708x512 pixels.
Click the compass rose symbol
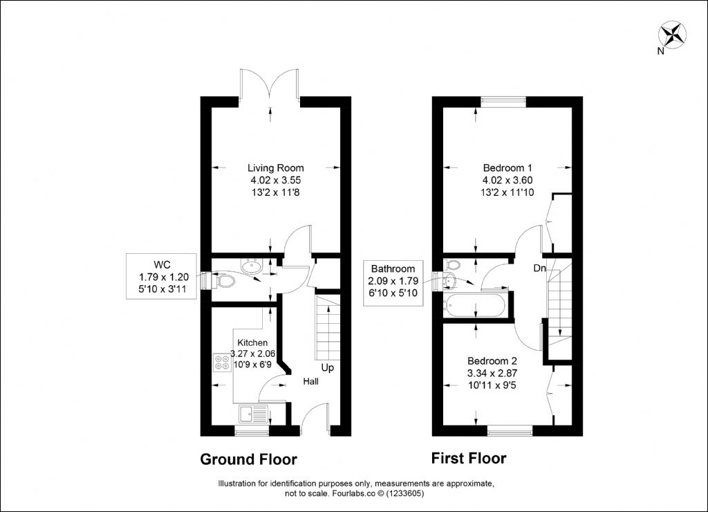(672, 35)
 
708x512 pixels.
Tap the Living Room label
(275, 168)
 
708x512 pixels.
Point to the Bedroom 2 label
(492, 361)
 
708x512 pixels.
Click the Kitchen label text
(252, 343)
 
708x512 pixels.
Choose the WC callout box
(161, 276)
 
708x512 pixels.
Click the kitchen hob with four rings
(222, 362)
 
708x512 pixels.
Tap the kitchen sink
(254, 414)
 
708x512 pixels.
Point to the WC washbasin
(252, 266)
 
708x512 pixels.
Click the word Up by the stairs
(327, 367)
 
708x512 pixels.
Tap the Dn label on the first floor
(539, 268)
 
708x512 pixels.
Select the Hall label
(310, 381)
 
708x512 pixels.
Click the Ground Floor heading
(248, 459)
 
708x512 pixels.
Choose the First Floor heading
(469, 458)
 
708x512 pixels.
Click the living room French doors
(270, 84)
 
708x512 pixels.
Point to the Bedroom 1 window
(503, 102)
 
